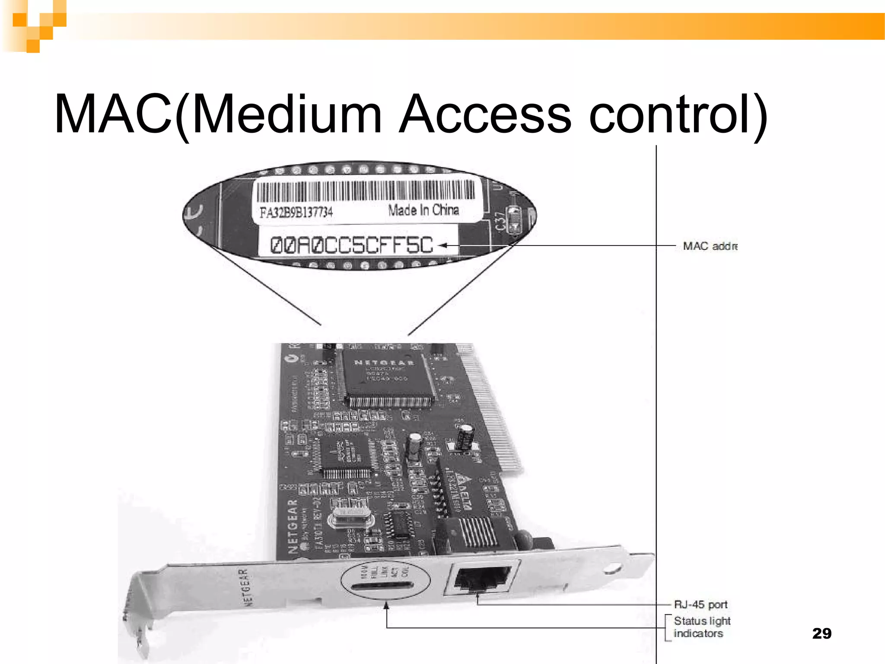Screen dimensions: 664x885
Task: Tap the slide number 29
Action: pyautogui.click(x=821, y=633)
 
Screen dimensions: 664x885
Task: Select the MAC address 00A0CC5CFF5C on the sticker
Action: pyautogui.click(x=351, y=245)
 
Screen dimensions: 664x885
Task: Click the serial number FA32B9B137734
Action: pyautogui.click(x=296, y=212)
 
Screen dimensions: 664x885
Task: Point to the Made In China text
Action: pyautogui.click(x=423, y=210)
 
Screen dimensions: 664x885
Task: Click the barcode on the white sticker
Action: pyautogui.click(x=366, y=191)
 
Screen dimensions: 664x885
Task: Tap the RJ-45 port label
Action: pyautogui.click(x=700, y=604)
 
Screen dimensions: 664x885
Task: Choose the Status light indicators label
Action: pyautogui.click(x=701, y=627)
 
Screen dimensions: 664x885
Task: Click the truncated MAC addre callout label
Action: pyautogui.click(x=710, y=246)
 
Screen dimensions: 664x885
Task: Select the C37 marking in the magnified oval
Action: pyautogui.click(x=500, y=221)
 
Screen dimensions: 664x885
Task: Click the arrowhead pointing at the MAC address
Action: pyautogui.click(x=442, y=246)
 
